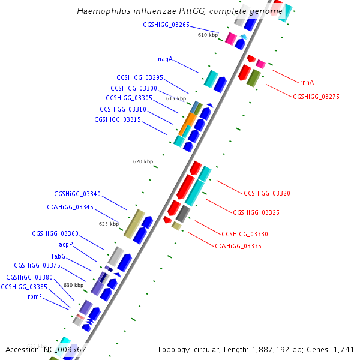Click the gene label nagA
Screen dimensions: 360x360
pyautogui.click(x=165, y=59)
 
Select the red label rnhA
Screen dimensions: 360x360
pyautogui.click(x=307, y=82)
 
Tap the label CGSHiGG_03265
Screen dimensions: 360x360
pyautogui.click(x=166, y=25)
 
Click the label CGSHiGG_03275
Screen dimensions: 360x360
pyautogui.click(x=316, y=97)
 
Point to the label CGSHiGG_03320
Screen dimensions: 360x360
pyautogui.click(x=267, y=193)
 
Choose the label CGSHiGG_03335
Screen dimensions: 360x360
pyautogui.click(x=238, y=246)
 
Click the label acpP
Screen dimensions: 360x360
pyautogui.click(x=65, y=245)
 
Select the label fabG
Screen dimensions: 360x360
pyautogui.click(x=59, y=256)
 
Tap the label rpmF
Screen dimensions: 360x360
pyautogui.click(x=35, y=296)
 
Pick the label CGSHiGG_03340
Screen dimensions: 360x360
pyautogui.click(x=77, y=194)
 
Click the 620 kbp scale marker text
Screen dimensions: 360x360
pyautogui.click(x=143, y=161)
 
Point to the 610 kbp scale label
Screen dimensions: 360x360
pyautogui.click(x=208, y=35)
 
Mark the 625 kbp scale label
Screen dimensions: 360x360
pyautogui.click(x=109, y=224)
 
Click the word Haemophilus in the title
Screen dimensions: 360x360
pyautogui.click(x=103, y=11)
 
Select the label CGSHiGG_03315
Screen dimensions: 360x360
pyautogui.click(x=118, y=119)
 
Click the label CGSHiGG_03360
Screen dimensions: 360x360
pyautogui.click(x=55, y=233)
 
